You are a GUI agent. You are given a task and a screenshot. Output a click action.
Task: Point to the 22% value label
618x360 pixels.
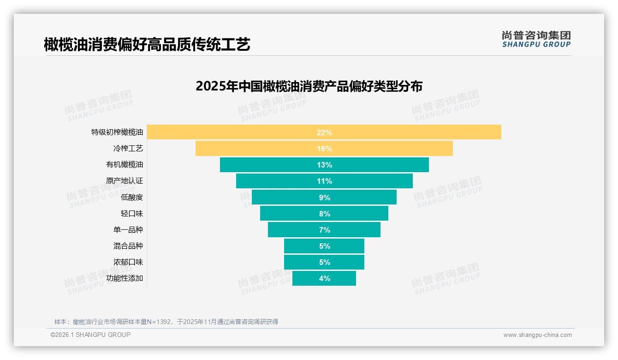[324, 132]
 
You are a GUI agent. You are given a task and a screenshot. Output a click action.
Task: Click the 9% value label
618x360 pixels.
[324, 198]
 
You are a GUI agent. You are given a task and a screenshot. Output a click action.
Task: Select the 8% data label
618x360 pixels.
[324, 214]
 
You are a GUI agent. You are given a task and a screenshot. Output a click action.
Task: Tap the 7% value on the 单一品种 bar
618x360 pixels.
[324, 230]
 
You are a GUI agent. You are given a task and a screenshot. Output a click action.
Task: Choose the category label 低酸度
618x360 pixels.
[132, 197]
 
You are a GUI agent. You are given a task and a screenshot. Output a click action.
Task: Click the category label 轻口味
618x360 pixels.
[132, 213]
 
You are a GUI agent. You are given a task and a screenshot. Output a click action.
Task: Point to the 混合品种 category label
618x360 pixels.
[128, 246]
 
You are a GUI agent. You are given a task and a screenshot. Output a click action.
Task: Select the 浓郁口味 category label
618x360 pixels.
[128, 262]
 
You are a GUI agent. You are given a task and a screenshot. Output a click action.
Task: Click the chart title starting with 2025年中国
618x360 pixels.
[309, 86]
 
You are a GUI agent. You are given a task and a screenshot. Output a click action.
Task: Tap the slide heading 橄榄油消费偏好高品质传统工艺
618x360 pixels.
[147, 44]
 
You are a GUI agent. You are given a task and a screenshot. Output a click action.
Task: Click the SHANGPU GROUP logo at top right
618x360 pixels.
[536, 39]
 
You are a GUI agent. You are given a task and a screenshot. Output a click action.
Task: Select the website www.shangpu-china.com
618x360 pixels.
[537, 335]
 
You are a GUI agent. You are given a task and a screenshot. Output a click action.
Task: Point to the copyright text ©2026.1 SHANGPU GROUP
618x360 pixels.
[90, 335]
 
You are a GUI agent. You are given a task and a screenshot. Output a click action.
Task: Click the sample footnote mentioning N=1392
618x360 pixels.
[166, 322]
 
